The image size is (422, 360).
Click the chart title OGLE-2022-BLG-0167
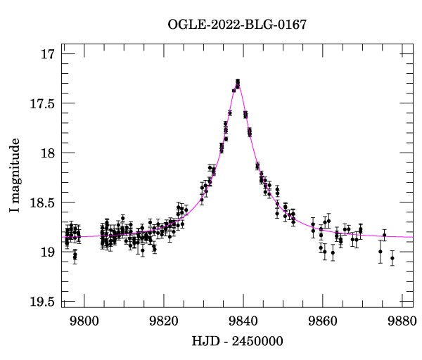pos(237,25)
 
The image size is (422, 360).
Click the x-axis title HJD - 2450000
pos(237,342)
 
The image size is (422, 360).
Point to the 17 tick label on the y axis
pos(49,54)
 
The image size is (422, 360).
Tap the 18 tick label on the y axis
pos(49,153)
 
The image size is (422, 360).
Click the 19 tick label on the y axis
pos(49,252)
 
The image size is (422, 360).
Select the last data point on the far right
pos(392,258)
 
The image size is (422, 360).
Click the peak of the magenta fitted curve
pos(238,85)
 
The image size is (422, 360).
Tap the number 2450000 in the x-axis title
pos(258,342)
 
